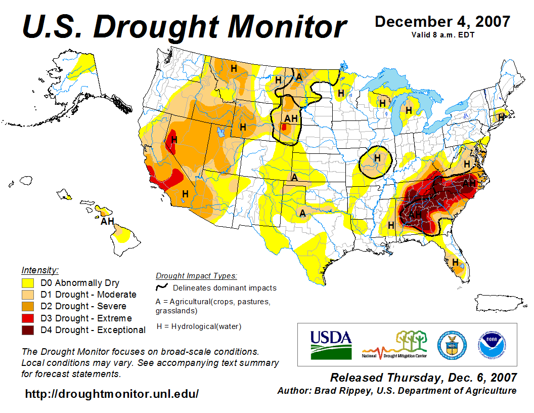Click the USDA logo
(331, 345)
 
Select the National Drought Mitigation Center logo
(394, 345)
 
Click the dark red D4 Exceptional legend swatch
(28, 330)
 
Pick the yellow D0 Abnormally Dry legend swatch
(28, 283)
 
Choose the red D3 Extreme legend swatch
(28, 318)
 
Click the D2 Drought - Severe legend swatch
(28, 306)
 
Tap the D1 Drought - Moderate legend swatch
(28, 295)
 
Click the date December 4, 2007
(442, 22)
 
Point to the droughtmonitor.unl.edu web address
(112, 393)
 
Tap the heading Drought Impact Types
(196, 276)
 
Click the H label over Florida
(456, 262)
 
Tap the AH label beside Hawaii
(107, 221)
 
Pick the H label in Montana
(234, 68)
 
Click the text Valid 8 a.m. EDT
(442, 34)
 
